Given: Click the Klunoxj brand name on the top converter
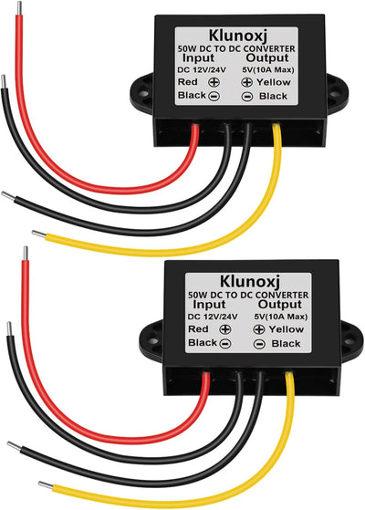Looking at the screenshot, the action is pyautogui.click(x=237, y=36).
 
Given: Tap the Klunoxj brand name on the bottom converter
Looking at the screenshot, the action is pyautogui.click(x=250, y=281).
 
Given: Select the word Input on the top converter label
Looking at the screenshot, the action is pyautogui.click(x=198, y=58).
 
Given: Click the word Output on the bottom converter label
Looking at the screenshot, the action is pyautogui.click(x=280, y=305).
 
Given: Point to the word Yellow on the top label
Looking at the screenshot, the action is pyautogui.click(x=274, y=82).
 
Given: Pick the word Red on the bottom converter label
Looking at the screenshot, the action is pyautogui.click(x=198, y=329).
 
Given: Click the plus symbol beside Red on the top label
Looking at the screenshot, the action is pyautogui.click(x=214, y=82).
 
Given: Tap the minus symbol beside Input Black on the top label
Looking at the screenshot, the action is pyautogui.click(x=214, y=97).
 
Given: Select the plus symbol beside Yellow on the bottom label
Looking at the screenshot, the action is pyautogui.click(x=259, y=329).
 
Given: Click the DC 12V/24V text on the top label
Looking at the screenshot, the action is pyautogui.click(x=202, y=70).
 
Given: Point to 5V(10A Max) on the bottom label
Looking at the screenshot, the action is pyautogui.click(x=280, y=317).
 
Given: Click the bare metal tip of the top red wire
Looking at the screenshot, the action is pyautogui.click(x=19, y=8).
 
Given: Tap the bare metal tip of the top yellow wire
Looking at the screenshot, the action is pyautogui.click(x=38, y=234).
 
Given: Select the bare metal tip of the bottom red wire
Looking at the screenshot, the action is pyautogui.click(x=26, y=254).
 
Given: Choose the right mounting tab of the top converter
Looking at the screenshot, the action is pyautogui.click(x=336, y=94).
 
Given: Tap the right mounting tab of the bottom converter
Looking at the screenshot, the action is pyautogui.click(x=350, y=341).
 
